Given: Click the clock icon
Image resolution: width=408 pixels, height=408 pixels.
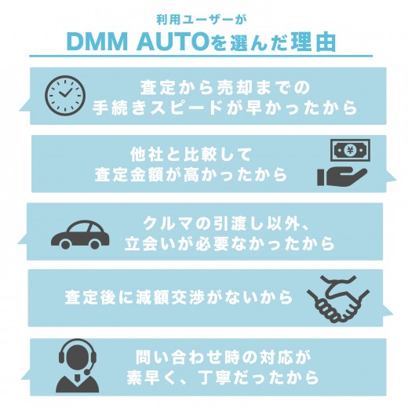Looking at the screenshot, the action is coord(65,96).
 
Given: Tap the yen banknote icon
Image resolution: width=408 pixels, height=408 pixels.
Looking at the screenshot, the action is coord(350,150).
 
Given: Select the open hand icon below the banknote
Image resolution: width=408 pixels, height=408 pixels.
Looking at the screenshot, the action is coord(342,177).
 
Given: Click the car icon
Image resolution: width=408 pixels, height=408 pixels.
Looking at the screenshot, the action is coord(80,235).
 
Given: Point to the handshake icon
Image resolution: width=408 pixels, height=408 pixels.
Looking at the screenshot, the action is coord(338,299).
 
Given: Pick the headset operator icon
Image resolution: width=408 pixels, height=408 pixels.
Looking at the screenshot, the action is coord(78,366).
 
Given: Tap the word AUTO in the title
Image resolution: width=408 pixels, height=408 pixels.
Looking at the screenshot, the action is coord(173,42).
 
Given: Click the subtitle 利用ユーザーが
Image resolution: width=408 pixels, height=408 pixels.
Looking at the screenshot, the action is coord(202,20).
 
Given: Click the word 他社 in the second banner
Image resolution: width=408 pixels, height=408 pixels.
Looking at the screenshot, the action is coord(147,155).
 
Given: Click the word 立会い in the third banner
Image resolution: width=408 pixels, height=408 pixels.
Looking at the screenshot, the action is coord(151,244).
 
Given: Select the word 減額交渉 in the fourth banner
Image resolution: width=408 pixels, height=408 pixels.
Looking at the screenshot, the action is coord(170,297).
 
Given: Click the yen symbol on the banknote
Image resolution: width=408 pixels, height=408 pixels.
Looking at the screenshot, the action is coord(350,150).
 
